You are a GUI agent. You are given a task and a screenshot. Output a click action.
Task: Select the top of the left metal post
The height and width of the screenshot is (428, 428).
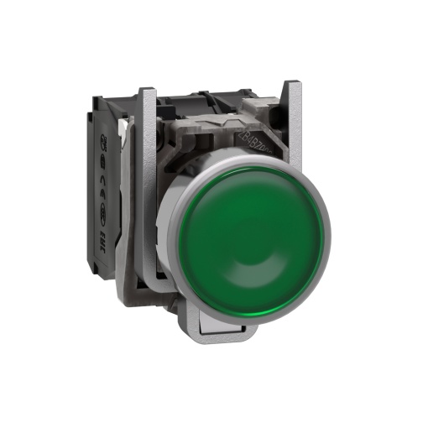tap(146, 91)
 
